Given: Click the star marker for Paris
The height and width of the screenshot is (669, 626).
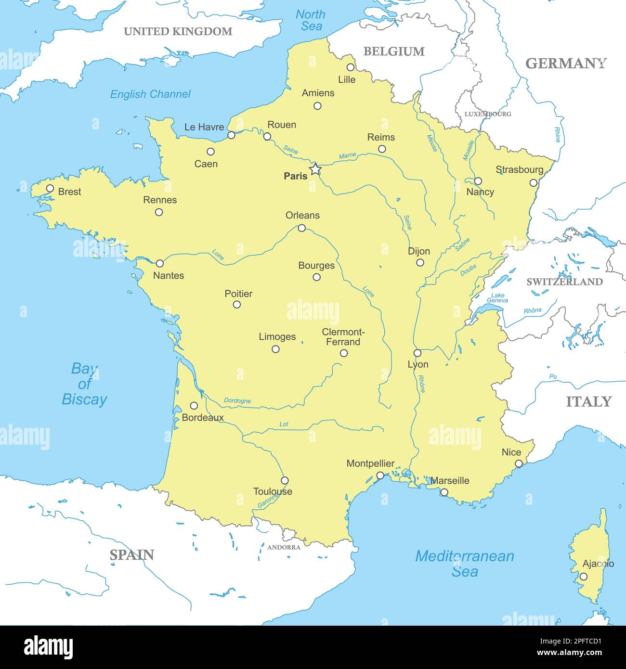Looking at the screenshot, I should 314,169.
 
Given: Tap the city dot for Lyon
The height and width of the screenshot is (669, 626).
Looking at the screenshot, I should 417,353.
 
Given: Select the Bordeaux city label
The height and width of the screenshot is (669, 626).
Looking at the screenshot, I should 203,418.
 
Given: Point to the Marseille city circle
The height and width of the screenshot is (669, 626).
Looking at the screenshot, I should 444,492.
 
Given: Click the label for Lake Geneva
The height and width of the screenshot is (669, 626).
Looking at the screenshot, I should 497,298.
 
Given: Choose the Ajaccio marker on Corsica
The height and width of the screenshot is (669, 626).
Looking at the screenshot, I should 583,576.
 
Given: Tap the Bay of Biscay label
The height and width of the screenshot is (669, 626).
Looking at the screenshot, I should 84,384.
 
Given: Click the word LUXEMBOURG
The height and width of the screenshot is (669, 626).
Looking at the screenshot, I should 487,114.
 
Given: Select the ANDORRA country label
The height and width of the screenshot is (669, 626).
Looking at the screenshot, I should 284,547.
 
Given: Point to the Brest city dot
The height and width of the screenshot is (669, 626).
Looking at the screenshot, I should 50,188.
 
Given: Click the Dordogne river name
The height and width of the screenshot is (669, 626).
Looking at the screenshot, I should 237,401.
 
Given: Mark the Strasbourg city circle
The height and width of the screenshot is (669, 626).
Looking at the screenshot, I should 533,183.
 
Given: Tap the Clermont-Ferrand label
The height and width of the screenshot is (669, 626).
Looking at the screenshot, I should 343,337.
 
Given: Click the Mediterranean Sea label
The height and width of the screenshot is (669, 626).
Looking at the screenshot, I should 465,564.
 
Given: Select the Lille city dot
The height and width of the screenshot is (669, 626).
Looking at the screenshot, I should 351,67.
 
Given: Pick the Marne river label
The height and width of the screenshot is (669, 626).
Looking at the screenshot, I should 347,156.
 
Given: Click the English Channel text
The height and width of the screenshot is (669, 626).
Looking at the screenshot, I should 150,94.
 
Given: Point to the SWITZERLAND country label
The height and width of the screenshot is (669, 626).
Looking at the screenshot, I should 564,282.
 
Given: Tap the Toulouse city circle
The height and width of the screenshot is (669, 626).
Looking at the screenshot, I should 285,480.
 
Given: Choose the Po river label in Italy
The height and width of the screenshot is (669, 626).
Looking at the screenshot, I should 553,377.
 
